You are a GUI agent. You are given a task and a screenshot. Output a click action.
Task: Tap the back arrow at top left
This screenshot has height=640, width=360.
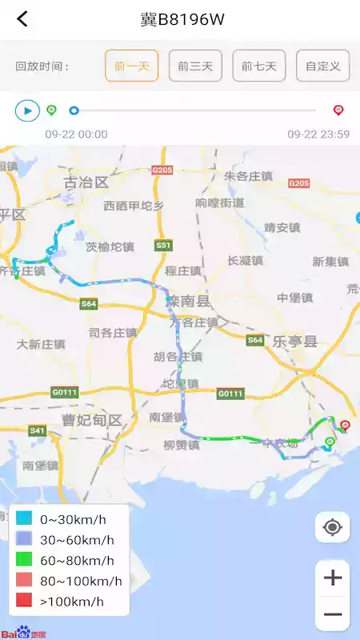[x=22, y=19]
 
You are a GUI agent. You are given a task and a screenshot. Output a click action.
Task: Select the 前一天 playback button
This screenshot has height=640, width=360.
[x=131, y=66]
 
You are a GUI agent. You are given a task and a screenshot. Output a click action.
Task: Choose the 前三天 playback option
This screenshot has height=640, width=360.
[x=195, y=66]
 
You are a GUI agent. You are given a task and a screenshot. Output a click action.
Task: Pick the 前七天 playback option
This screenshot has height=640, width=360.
[x=259, y=66]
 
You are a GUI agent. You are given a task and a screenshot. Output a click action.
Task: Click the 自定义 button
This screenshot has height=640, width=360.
[x=322, y=66]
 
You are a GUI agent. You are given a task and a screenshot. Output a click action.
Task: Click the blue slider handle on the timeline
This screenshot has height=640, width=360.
[x=74, y=110]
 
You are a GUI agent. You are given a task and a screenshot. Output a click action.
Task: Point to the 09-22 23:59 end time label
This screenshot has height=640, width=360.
[x=318, y=134]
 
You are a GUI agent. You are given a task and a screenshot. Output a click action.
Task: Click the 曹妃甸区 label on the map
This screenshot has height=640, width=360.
[x=91, y=420]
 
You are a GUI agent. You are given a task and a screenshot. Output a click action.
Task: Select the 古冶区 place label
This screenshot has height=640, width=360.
[x=86, y=182]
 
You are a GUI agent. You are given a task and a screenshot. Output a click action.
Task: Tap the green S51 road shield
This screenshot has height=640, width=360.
[x=163, y=245]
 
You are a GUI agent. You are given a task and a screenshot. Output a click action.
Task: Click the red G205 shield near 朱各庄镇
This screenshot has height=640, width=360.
[x=162, y=170]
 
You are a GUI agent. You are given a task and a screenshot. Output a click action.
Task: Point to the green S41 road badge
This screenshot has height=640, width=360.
[x=37, y=430]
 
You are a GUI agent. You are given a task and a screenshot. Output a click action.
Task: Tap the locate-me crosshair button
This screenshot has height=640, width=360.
[x=333, y=527]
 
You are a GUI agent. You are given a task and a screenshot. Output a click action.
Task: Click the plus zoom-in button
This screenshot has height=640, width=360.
[x=333, y=578]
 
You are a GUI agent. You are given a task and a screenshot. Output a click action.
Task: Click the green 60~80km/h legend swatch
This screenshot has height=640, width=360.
[x=23, y=560]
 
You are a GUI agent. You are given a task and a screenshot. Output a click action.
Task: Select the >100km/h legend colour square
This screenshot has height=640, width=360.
[x=23, y=601]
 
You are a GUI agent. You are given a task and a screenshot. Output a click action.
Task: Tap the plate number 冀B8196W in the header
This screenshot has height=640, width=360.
[x=182, y=19]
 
